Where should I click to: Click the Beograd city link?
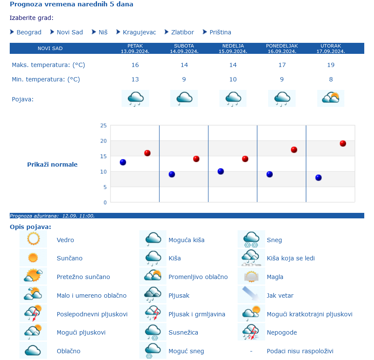click(29, 32)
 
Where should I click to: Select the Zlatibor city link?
click(182, 32)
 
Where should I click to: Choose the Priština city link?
click(220, 32)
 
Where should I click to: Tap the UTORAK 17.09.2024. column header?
click(330, 48)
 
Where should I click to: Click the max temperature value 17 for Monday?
click(282, 65)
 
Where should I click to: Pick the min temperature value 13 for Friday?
click(135, 79)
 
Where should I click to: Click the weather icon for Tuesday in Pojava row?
click(330, 98)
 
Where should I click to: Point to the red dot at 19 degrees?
click(343, 143)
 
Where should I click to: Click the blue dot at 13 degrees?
click(123, 162)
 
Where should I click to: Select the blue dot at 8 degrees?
click(319, 178)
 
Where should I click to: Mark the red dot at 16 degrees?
click(147, 153)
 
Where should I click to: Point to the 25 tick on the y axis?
click(103, 126)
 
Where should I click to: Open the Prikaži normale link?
click(52, 165)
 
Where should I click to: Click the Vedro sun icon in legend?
click(33, 239)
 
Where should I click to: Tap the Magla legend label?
click(275, 277)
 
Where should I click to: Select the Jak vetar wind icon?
click(251, 295)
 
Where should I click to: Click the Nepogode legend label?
click(282, 332)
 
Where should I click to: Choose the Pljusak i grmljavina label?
click(197, 314)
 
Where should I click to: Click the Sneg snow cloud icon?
click(251, 239)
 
